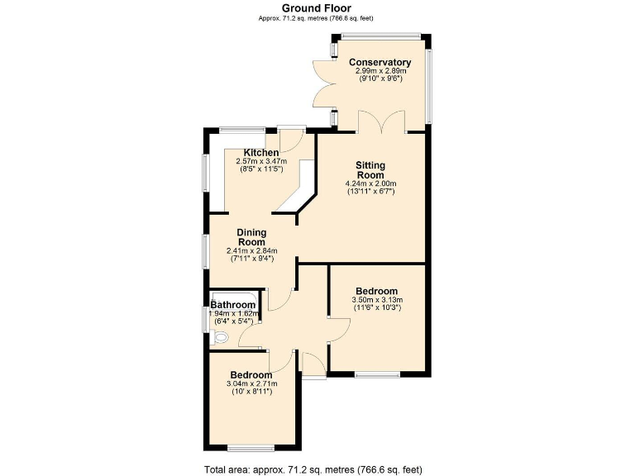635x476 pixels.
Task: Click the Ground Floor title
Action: coord(317,7)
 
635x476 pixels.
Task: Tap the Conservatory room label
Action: coord(380,63)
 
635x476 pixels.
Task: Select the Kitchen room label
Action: coord(260,153)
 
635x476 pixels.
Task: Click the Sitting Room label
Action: coord(370,170)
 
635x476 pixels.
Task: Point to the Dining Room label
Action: coord(251,237)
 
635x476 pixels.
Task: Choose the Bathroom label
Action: coord(232,305)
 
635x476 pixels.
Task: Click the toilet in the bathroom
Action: coord(219,337)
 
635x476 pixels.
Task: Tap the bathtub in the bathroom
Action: coord(236,297)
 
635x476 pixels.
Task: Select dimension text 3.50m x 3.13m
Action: coord(377,299)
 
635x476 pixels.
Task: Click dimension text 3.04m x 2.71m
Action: coord(251,383)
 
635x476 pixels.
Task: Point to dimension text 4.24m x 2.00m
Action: coord(370,183)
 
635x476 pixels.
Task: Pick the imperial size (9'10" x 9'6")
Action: coord(380,79)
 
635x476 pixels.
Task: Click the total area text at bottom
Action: coord(317,468)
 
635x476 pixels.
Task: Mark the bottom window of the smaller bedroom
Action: coord(251,449)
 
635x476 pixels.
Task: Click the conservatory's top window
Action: coord(381,36)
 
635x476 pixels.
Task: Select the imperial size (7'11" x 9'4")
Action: coord(251,259)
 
